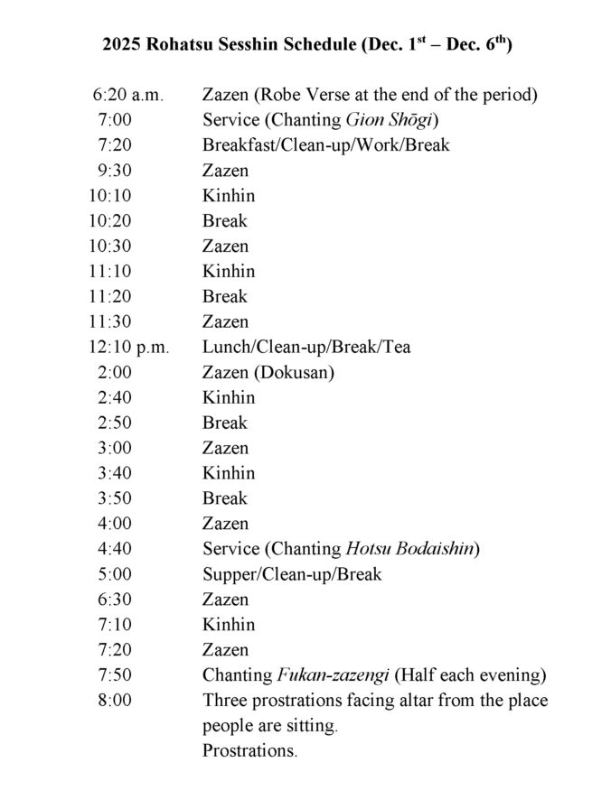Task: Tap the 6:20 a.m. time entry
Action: click(127, 95)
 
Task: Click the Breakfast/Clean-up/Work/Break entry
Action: click(325, 145)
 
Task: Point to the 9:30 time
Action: click(117, 171)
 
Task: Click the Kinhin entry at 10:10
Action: click(229, 196)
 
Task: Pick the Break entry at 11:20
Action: click(224, 296)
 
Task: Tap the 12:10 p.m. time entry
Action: click(129, 347)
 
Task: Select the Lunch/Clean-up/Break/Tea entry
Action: click(305, 347)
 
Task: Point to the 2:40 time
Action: click(117, 397)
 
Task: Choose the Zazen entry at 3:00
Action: click(225, 448)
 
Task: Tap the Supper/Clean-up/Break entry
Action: click(292, 573)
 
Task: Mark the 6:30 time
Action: click(117, 599)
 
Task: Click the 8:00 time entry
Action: click(117, 700)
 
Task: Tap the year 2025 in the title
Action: click(121, 44)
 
